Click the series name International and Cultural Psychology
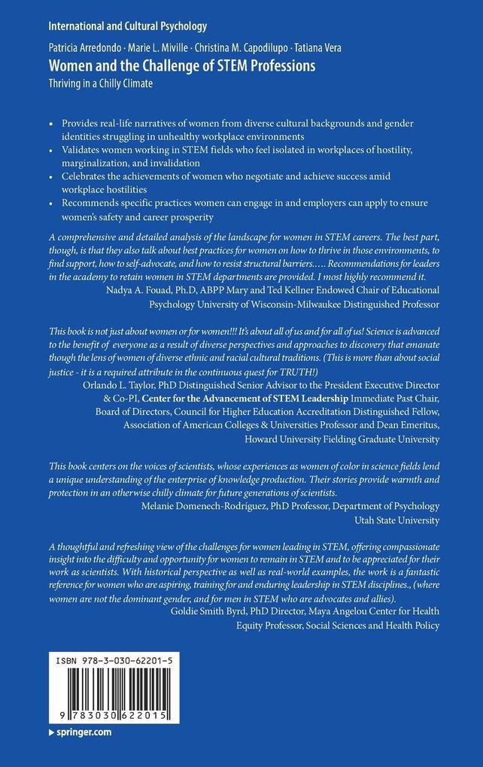tap(126, 26)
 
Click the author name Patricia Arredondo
tap(89, 48)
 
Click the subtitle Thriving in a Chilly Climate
tap(101, 83)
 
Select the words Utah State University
tap(398, 519)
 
